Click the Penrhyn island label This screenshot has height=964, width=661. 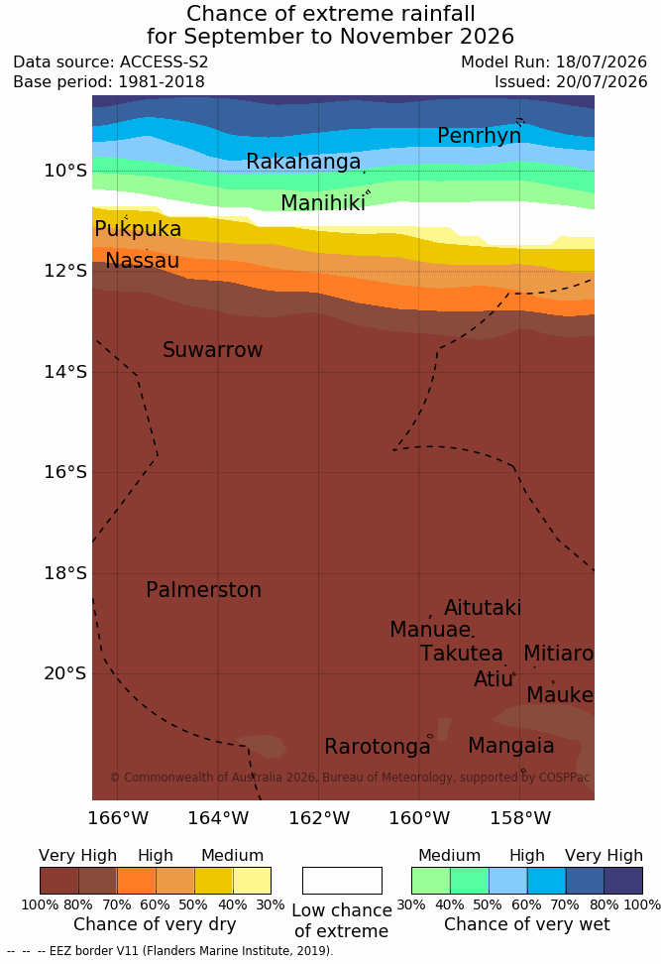click(x=480, y=136)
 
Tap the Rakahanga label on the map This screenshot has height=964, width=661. click(x=303, y=161)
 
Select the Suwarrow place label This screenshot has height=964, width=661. click(x=212, y=350)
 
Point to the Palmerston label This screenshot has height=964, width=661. click(x=204, y=589)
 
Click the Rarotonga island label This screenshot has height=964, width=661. click(x=378, y=747)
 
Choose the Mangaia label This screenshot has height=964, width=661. click(x=511, y=746)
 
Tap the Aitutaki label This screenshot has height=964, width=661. click(x=483, y=608)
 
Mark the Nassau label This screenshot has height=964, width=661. click(x=143, y=261)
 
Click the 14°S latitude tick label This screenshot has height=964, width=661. click(x=65, y=372)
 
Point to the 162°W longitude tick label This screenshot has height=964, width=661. click(x=319, y=818)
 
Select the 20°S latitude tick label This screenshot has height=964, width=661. click(x=65, y=673)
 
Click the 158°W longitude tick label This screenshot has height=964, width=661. click(x=520, y=818)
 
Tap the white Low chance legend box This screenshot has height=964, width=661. click(x=342, y=881)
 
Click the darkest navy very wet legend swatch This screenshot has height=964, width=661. click(x=623, y=881)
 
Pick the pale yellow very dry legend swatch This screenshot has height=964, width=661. click(x=252, y=881)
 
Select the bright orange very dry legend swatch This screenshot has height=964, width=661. click(x=137, y=881)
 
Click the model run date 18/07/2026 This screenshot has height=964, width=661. click(x=602, y=62)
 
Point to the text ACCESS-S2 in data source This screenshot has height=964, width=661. click(x=165, y=62)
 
